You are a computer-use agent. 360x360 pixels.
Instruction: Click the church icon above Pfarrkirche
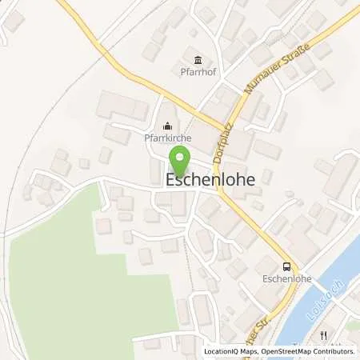point(167,126)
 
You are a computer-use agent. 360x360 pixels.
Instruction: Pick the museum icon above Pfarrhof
point(197,58)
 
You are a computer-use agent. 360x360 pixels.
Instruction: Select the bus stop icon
point(286,266)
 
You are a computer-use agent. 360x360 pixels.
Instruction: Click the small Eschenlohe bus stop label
point(286,280)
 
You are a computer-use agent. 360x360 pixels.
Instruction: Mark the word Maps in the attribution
point(240,351)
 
